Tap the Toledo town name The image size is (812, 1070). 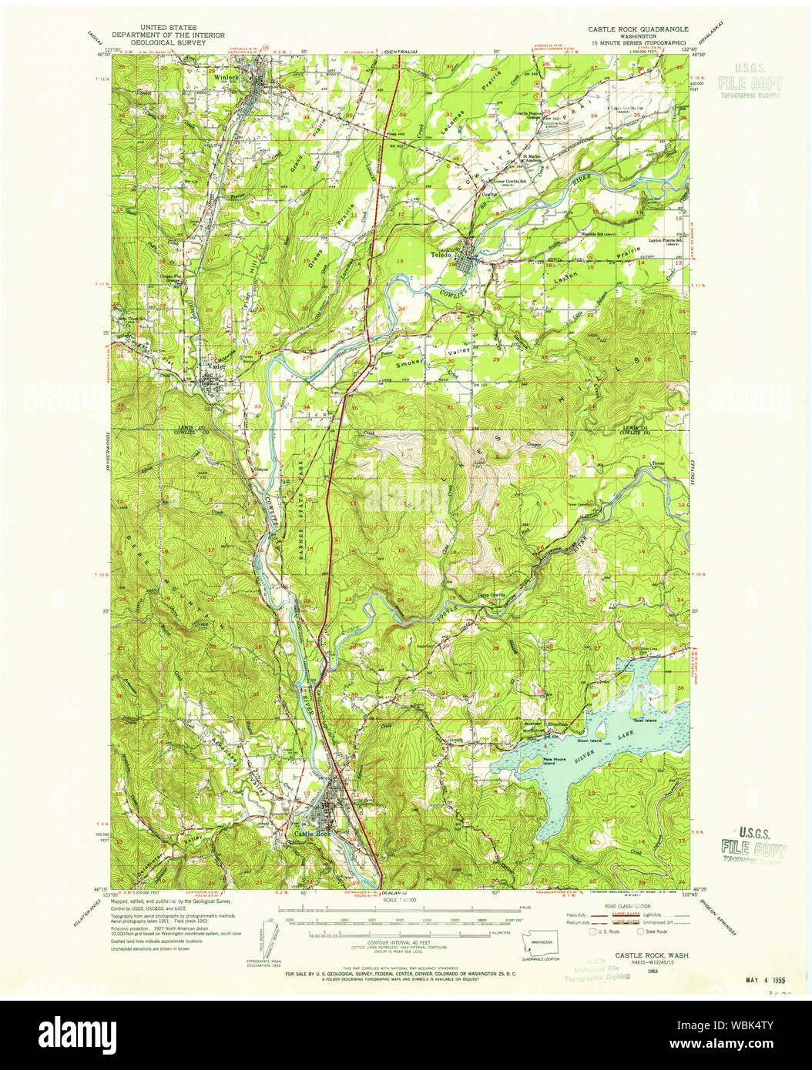click(x=442, y=252)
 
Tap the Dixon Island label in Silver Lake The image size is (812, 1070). click(x=590, y=741)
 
